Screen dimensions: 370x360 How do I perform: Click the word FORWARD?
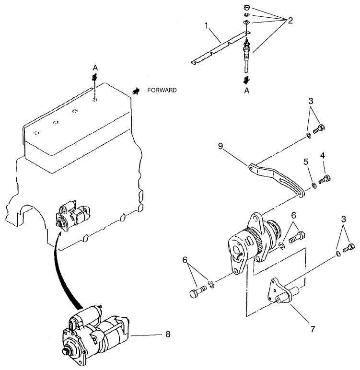click(162, 90)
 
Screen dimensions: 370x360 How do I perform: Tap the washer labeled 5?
click(313, 185)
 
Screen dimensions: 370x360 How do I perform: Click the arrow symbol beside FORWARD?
click(137, 90)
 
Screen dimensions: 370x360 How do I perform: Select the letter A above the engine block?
click(95, 68)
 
